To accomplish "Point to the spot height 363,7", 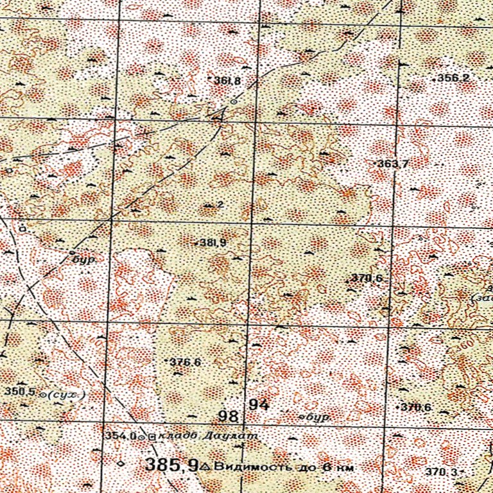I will click(x=394, y=164).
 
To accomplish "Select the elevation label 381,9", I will click(x=212, y=243).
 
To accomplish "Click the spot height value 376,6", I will click(x=186, y=362).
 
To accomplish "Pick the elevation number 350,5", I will click(x=19, y=392).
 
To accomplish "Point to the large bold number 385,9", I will click(x=171, y=465).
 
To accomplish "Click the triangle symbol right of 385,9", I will click(x=205, y=465).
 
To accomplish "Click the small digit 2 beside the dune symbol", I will click(x=220, y=205).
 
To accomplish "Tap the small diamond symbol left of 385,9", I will click(x=120, y=463).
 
